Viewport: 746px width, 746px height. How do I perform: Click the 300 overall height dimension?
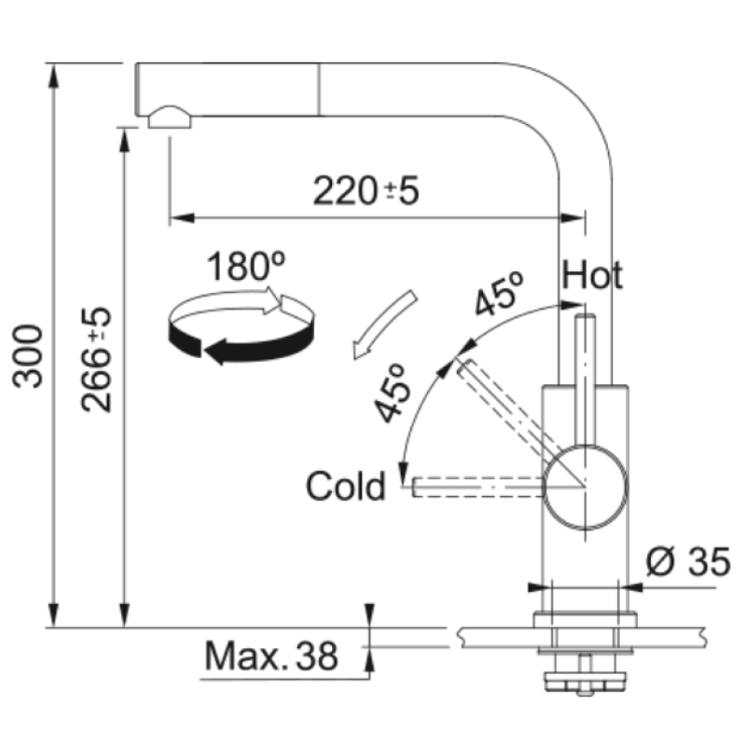pyautogui.click(x=28, y=356)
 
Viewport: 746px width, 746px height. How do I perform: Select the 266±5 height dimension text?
pyautogui.click(x=96, y=360)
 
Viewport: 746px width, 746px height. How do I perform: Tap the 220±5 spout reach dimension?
pyautogui.click(x=366, y=191)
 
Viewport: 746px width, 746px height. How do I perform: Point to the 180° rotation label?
pyautogui.click(x=245, y=267)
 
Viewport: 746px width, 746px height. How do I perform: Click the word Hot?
pyautogui.click(x=592, y=275)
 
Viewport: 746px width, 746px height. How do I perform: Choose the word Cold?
pyautogui.click(x=345, y=486)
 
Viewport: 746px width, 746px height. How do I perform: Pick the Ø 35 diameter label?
pyautogui.click(x=688, y=562)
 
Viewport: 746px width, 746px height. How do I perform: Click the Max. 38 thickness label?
pyautogui.click(x=271, y=656)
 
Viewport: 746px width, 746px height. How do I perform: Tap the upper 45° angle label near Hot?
pyautogui.click(x=499, y=294)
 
